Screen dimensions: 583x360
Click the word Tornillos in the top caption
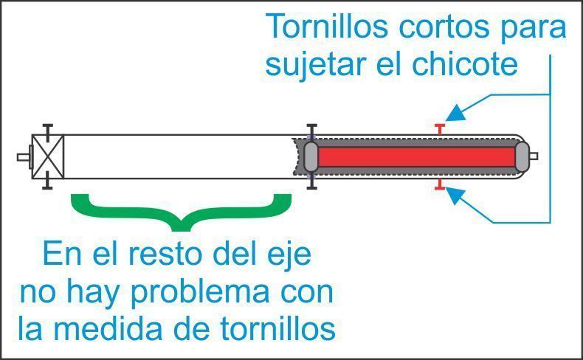click(x=326, y=27)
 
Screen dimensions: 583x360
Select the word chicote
click(x=465, y=64)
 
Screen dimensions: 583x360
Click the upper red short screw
click(x=440, y=129)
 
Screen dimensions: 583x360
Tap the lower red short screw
click(x=440, y=184)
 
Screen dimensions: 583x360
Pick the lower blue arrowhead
click(x=455, y=195)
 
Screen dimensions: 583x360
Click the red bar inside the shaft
click(x=416, y=157)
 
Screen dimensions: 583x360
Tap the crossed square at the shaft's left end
click(x=48, y=157)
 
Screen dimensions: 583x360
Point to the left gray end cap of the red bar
click(x=311, y=157)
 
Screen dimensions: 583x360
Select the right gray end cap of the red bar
click(x=522, y=157)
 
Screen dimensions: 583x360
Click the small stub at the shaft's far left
click(x=24, y=157)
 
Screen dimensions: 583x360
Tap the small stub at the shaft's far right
click(x=534, y=156)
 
